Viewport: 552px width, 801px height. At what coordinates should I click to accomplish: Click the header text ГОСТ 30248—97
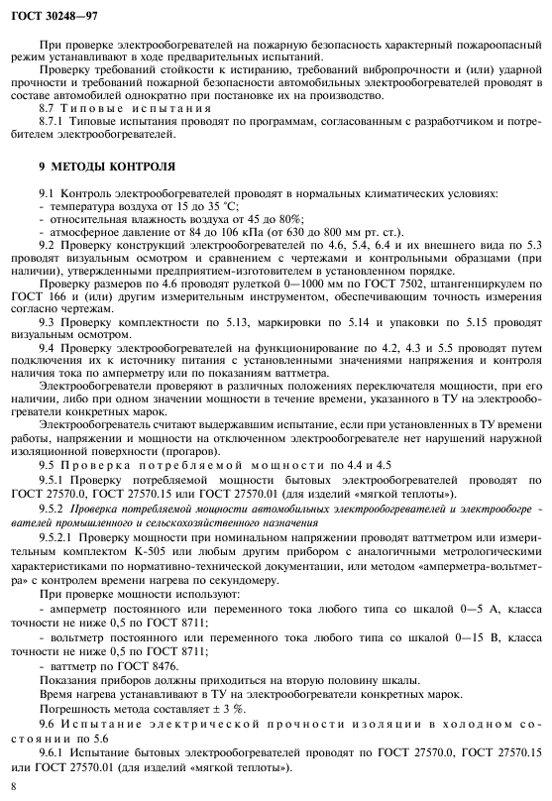point(49,12)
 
